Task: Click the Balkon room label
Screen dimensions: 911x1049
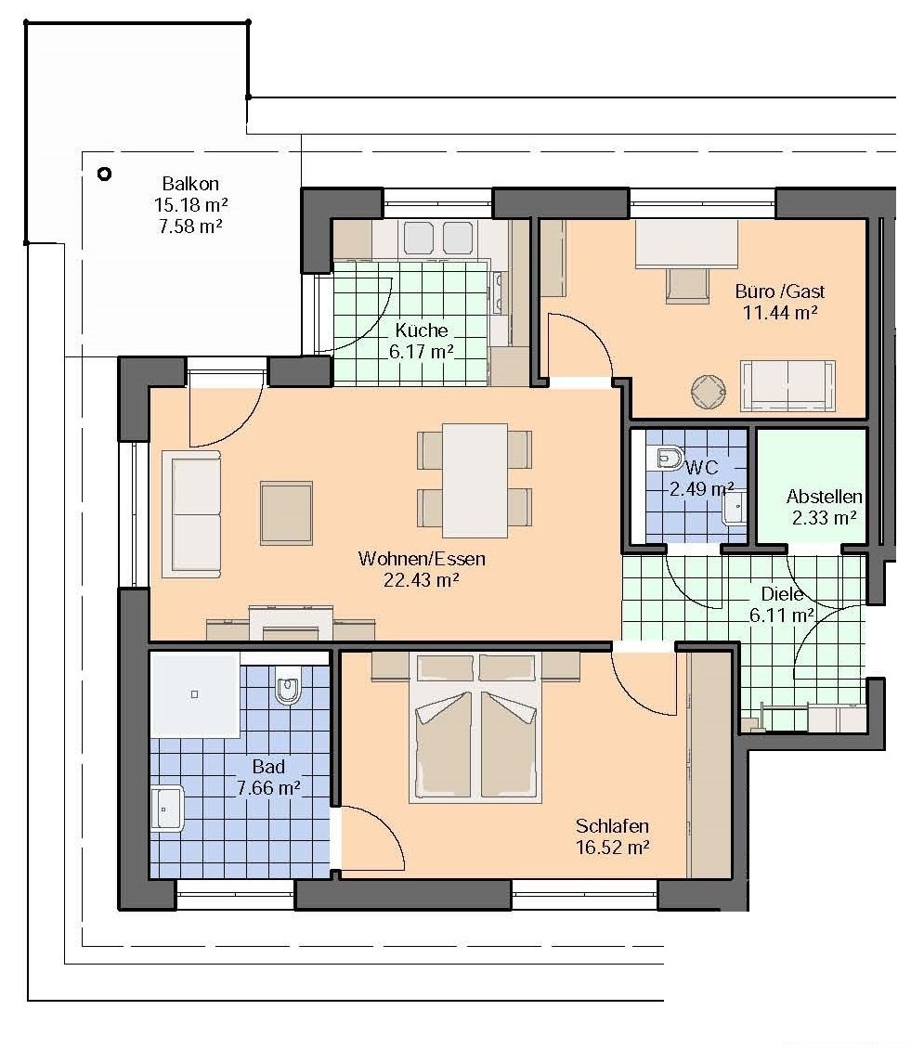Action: (x=190, y=183)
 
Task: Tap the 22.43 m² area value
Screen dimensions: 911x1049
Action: (x=421, y=580)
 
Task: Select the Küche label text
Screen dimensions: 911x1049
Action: (x=421, y=330)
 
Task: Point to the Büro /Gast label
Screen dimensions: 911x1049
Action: (x=780, y=291)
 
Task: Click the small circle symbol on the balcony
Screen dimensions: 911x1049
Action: (x=104, y=174)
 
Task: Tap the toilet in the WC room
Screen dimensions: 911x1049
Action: (x=667, y=459)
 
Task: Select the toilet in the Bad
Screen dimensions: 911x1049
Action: (x=288, y=685)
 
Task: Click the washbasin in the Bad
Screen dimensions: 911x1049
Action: (x=166, y=809)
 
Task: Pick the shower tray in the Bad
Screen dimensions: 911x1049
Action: (x=195, y=695)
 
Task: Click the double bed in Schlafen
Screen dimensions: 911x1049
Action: (x=475, y=727)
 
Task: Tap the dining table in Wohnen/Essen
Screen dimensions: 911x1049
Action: (x=475, y=480)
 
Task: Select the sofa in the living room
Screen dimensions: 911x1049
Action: (x=191, y=513)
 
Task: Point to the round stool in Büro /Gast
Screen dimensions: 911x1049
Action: (x=709, y=392)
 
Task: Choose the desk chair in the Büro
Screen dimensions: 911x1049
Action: (x=687, y=286)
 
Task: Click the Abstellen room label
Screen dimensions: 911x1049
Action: (x=824, y=497)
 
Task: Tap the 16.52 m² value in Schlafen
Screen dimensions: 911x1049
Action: (x=613, y=847)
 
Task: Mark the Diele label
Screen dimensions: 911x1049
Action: (x=782, y=594)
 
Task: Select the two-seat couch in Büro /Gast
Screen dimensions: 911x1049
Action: (x=787, y=386)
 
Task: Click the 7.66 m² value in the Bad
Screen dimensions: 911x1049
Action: (x=268, y=787)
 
